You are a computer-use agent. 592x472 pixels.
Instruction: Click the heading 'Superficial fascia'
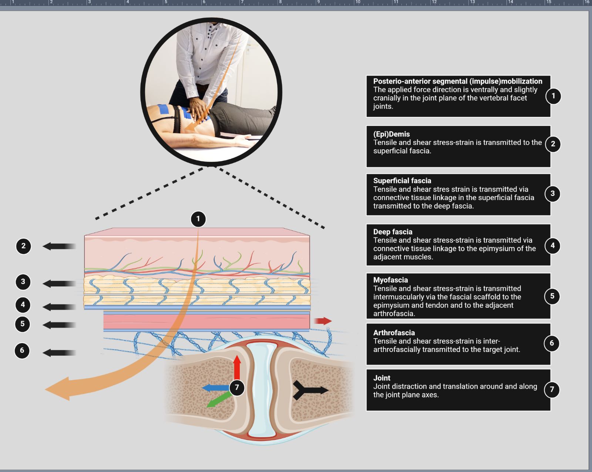(x=402, y=181)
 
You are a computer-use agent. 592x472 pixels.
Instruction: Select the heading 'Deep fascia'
(x=393, y=232)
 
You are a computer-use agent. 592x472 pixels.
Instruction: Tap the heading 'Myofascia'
(x=390, y=280)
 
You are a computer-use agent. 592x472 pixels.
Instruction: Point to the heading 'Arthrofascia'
(x=394, y=333)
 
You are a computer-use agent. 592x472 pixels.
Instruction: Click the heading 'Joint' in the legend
(x=381, y=378)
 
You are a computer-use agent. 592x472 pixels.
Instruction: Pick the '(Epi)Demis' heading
(x=391, y=134)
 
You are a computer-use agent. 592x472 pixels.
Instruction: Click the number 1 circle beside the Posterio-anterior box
(x=553, y=96)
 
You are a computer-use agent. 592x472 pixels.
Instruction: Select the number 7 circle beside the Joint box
(x=552, y=389)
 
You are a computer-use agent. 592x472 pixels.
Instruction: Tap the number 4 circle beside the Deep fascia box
(x=552, y=246)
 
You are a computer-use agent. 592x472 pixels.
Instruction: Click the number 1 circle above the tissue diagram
(x=198, y=219)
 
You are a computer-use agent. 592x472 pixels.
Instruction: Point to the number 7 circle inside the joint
(x=237, y=388)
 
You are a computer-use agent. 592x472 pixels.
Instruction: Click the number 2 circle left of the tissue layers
(x=23, y=246)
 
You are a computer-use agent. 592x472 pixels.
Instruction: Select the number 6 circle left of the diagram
(x=22, y=350)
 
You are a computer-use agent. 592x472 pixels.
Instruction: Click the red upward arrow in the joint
(x=237, y=367)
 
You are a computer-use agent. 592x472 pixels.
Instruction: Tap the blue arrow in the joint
(x=215, y=388)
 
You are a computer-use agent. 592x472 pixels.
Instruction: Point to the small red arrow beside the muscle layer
(x=323, y=321)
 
